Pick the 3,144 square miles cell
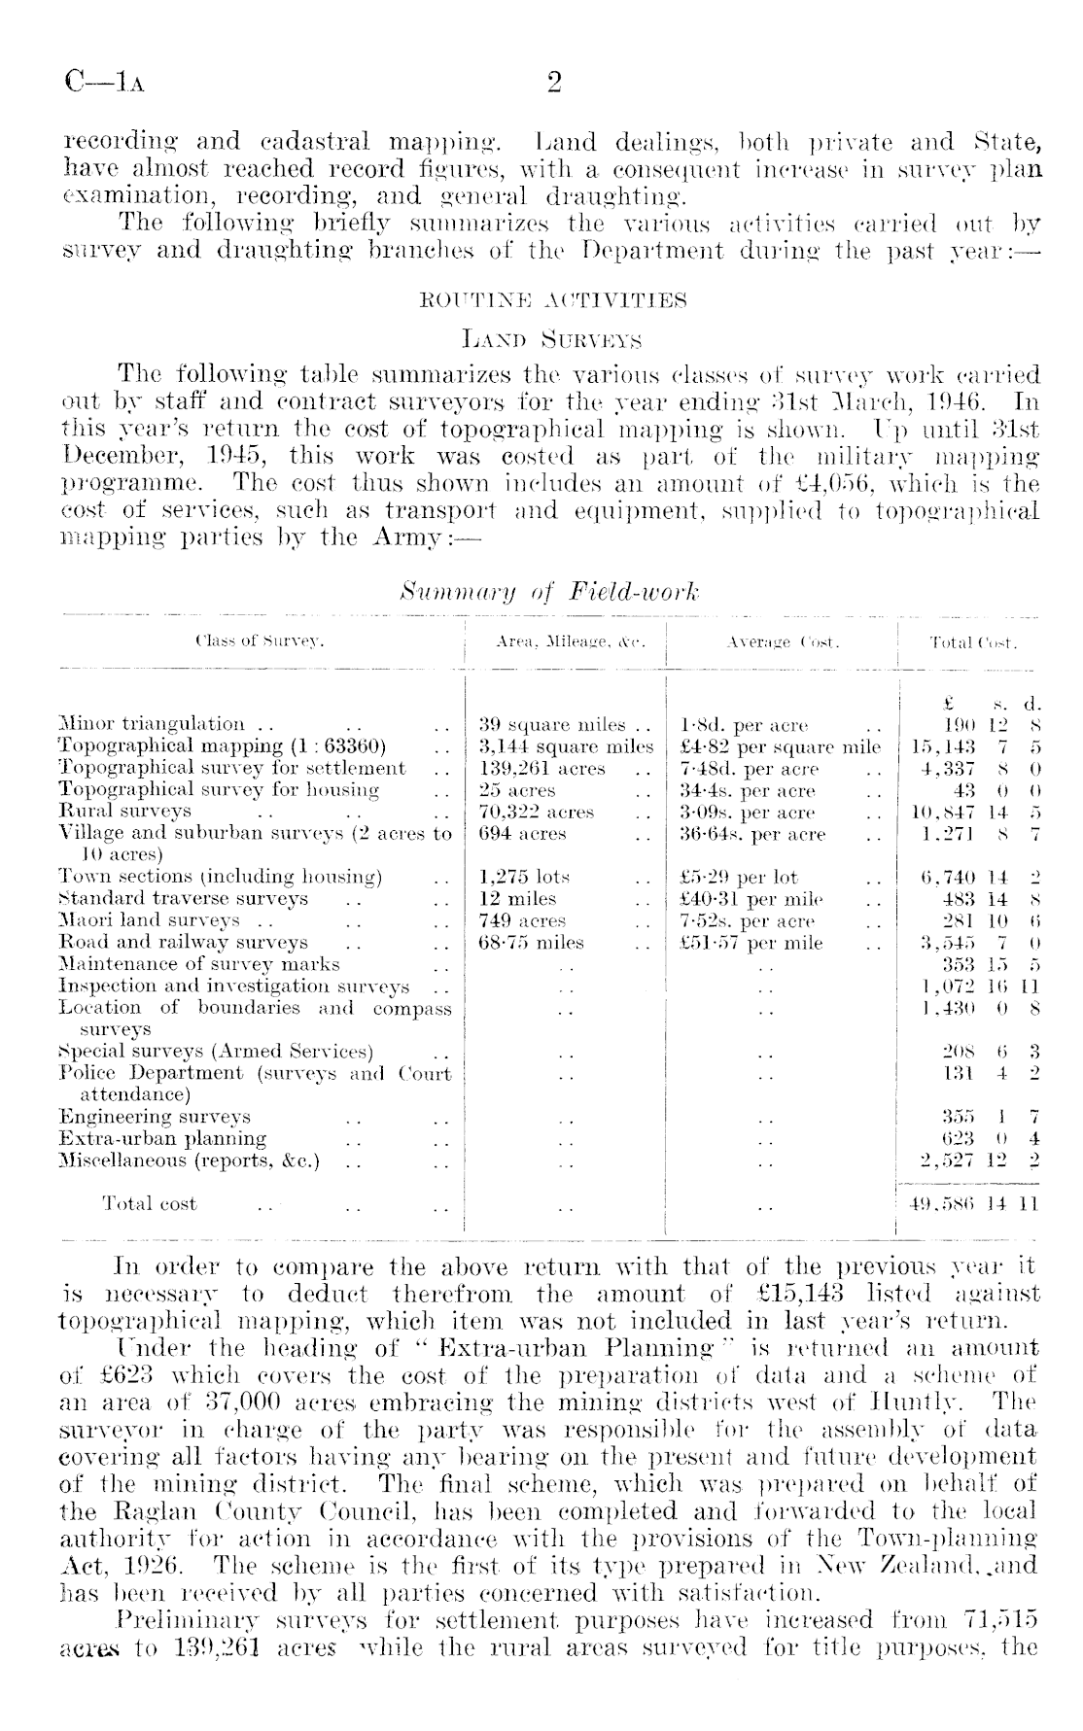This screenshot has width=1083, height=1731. (x=567, y=746)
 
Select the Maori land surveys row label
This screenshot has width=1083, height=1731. (x=149, y=920)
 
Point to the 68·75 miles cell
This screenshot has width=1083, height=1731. (x=533, y=943)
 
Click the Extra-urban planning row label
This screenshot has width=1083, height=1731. (x=163, y=1138)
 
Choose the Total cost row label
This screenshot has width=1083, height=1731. (x=150, y=1204)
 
